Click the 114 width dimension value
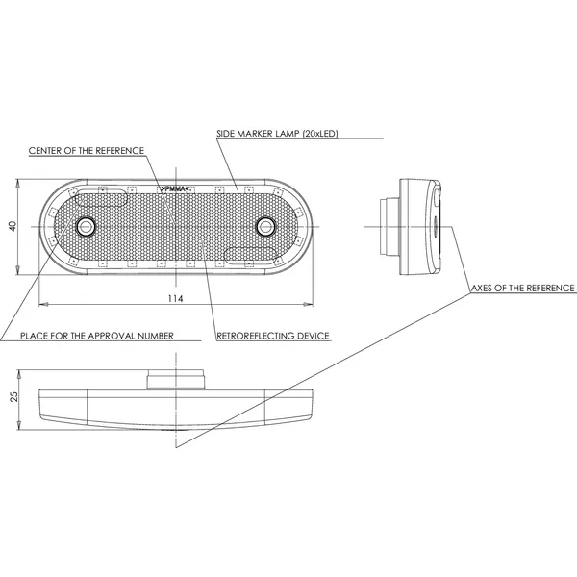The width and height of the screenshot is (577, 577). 175,299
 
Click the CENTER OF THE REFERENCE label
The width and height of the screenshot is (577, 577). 87,151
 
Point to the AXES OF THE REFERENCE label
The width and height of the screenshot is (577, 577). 523,288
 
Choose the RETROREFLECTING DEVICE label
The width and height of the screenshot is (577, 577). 273,336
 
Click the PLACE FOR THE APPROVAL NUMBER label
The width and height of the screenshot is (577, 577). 97,336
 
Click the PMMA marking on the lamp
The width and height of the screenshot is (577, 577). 176,188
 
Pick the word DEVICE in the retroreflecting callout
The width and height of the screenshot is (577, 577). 312,336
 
